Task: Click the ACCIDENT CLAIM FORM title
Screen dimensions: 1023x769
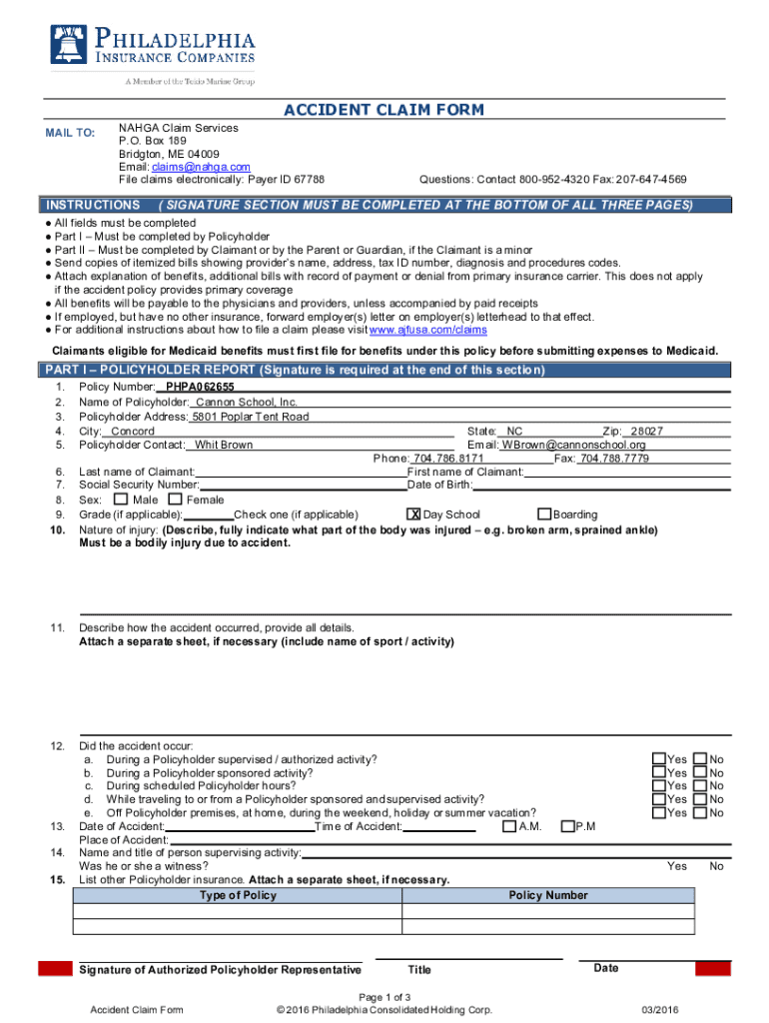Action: point(384,110)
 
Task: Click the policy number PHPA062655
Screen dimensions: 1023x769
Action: point(200,387)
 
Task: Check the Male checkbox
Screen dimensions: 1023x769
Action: point(121,499)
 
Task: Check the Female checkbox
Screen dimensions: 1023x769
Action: point(176,499)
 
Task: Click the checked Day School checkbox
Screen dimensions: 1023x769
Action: point(413,514)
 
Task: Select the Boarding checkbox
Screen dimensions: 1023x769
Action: point(544,514)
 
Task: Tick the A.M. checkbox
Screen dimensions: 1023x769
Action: point(509,826)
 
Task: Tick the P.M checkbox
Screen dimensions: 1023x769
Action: point(567,826)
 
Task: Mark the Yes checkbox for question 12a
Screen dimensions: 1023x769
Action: point(659,759)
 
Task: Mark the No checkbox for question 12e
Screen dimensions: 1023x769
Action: point(700,813)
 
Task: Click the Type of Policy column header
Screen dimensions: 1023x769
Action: point(238,895)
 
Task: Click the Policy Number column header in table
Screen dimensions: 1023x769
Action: point(548,895)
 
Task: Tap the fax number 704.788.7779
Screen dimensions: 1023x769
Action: point(614,459)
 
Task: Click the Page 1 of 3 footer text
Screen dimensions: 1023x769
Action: point(384,997)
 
